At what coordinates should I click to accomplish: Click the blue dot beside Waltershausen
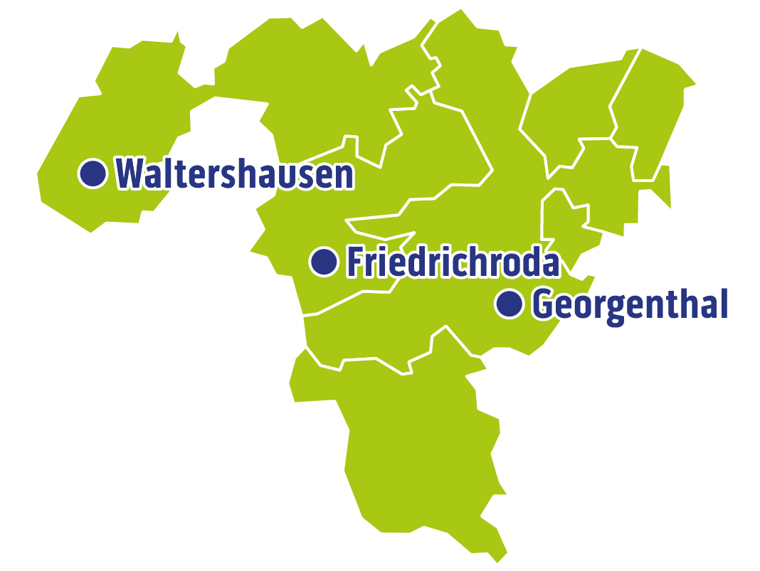[92, 173]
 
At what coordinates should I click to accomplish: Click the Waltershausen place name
[235, 174]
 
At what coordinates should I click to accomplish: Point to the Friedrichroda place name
[453, 262]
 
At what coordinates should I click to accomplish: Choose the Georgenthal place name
[630, 305]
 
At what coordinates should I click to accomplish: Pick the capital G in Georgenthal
[545, 305]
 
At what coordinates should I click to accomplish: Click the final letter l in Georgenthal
[722, 304]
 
